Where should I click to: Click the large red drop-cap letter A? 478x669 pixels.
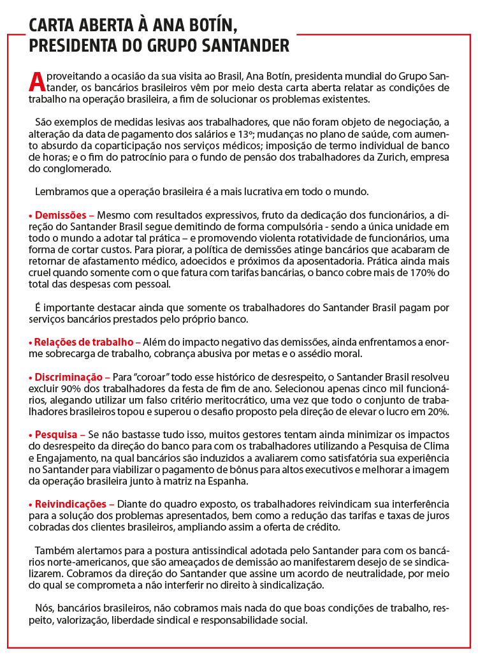(37, 81)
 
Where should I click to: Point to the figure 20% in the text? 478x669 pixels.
(439, 411)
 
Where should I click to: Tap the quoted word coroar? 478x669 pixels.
(146, 377)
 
